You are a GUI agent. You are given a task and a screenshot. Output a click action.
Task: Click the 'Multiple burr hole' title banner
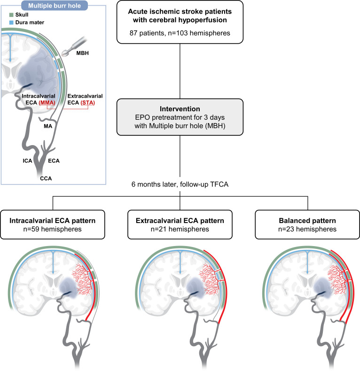coord(55,6)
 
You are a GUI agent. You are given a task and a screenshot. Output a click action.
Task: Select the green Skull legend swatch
coord(11,15)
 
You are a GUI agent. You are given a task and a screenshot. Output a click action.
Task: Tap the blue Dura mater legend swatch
coord(11,23)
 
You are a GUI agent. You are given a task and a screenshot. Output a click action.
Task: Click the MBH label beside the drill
coord(82,53)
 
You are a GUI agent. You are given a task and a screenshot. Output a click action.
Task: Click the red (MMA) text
coord(47,103)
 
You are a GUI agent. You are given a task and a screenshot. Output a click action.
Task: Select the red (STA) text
coord(87,103)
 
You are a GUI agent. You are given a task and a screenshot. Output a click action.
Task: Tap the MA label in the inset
coord(48,126)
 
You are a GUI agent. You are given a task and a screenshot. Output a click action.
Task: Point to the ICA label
coord(27,161)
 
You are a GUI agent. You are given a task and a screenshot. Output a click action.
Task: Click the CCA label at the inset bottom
coord(46,178)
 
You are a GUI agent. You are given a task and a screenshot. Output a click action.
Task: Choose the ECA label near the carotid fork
coord(54,161)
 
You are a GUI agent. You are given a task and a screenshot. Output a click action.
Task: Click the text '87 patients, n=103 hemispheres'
coord(180,33)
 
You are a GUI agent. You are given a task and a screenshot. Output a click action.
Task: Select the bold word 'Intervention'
coord(180,109)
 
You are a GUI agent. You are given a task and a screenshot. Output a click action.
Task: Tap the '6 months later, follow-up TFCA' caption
coord(180,184)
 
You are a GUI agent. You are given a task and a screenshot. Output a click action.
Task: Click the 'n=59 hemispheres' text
coord(52,229)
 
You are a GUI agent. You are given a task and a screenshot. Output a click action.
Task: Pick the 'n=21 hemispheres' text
coord(180,229)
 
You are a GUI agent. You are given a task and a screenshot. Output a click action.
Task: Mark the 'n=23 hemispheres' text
coord(307,229)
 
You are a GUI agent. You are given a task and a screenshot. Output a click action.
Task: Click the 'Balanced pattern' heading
coord(307,221)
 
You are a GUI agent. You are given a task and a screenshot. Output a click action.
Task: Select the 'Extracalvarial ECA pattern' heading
coord(180,221)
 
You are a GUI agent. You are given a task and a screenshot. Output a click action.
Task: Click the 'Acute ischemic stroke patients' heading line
coord(180,12)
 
